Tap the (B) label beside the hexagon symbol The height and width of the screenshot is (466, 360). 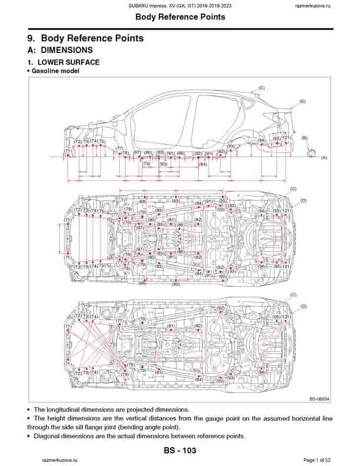[305, 138]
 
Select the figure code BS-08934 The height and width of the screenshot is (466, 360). [319, 399]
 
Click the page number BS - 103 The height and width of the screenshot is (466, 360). [179, 450]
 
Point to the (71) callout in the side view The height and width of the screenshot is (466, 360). [68, 151]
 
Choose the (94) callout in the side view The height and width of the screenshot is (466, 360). [262, 141]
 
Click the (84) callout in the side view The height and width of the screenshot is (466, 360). [203, 165]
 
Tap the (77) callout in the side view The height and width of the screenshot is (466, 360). [119, 149]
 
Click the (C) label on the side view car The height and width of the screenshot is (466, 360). [261, 88]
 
